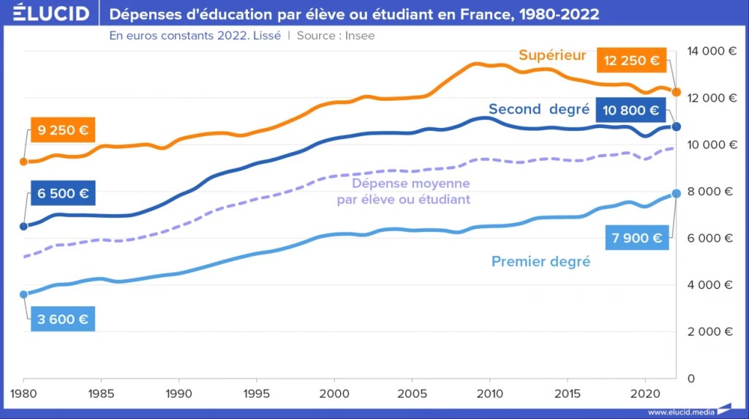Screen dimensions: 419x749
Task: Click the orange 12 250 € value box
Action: pos(633,60)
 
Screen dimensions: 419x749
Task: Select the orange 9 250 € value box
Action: pos(64,131)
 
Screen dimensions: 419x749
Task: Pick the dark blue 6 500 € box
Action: pos(64,194)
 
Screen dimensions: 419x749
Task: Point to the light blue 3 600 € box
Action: pos(64,319)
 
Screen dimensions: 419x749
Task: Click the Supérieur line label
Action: pos(552,55)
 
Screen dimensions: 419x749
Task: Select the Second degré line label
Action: pos(538,109)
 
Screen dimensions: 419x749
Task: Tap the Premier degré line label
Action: pos(541,261)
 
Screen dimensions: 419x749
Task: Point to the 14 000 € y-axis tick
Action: pos(710,51)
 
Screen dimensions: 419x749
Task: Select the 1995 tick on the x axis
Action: pos(256,393)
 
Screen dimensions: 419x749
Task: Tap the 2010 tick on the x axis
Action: pos(489,393)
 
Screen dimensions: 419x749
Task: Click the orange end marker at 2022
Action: pos(677,92)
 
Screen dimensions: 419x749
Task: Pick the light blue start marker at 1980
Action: pos(23,295)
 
